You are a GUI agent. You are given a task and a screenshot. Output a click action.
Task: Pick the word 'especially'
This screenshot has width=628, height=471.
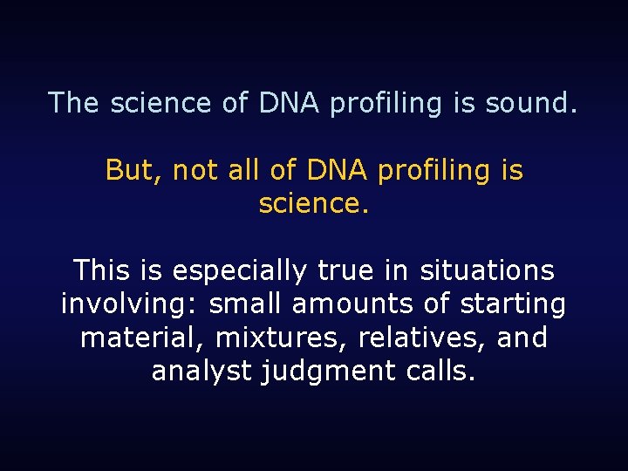(240, 270)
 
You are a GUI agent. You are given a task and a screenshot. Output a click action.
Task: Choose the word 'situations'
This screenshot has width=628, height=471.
(487, 270)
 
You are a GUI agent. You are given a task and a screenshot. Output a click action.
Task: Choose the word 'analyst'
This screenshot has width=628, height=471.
(201, 372)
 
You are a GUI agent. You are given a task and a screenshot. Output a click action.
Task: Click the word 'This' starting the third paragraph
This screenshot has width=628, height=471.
(101, 270)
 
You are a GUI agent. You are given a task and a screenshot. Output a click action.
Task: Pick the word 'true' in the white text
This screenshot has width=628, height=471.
(346, 270)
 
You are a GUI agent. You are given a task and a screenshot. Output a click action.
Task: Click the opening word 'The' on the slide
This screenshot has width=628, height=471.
(74, 103)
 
